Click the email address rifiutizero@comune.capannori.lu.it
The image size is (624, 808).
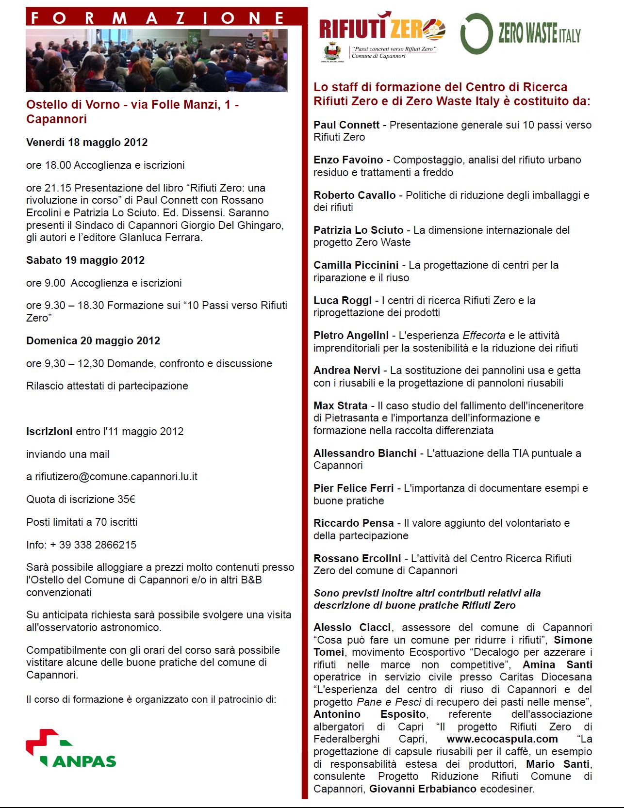[116, 477]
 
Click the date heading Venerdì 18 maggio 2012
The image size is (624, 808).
[87, 143]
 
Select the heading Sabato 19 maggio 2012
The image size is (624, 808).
[85, 260]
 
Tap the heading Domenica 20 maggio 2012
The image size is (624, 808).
[93, 341]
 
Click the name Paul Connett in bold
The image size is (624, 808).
[346, 125]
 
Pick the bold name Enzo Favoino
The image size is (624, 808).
[348, 160]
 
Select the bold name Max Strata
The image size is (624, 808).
[340, 405]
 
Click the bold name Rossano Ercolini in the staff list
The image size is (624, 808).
[357, 558]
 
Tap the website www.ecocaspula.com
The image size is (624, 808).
[502, 739]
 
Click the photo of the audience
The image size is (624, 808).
[156, 61]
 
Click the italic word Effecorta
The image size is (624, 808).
[484, 336]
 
